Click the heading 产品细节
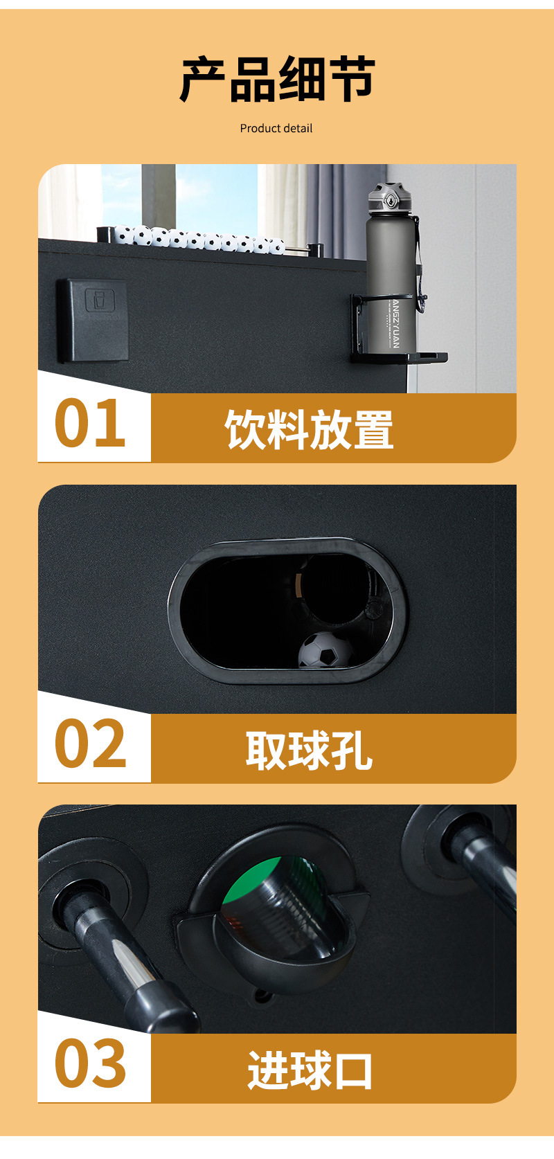click(277, 79)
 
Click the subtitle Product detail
click(276, 128)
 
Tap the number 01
click(90, 424)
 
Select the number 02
click(90, 744)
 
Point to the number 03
click(90, 1063)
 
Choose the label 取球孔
click(309, 750)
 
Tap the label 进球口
click(310, 1070)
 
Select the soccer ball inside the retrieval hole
click(325, 650)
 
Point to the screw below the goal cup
click(262, 996)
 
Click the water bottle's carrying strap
click(418, 263)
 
